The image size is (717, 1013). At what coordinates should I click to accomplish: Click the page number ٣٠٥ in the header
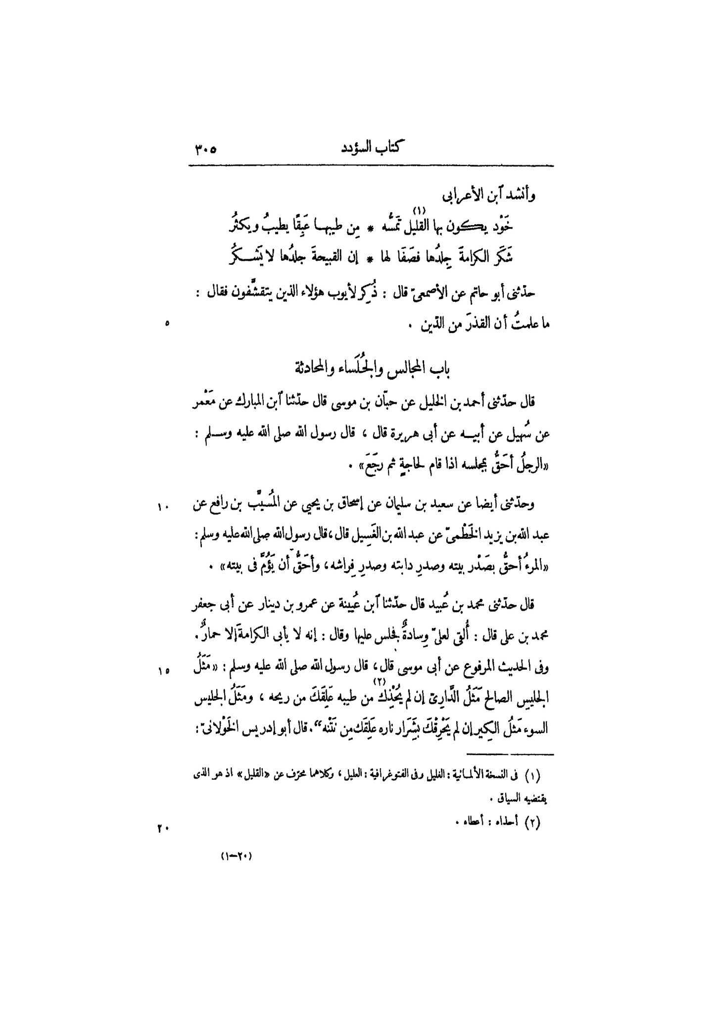203,148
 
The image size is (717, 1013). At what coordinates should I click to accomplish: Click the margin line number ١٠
163,506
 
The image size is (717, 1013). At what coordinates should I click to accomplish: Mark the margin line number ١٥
163,671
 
